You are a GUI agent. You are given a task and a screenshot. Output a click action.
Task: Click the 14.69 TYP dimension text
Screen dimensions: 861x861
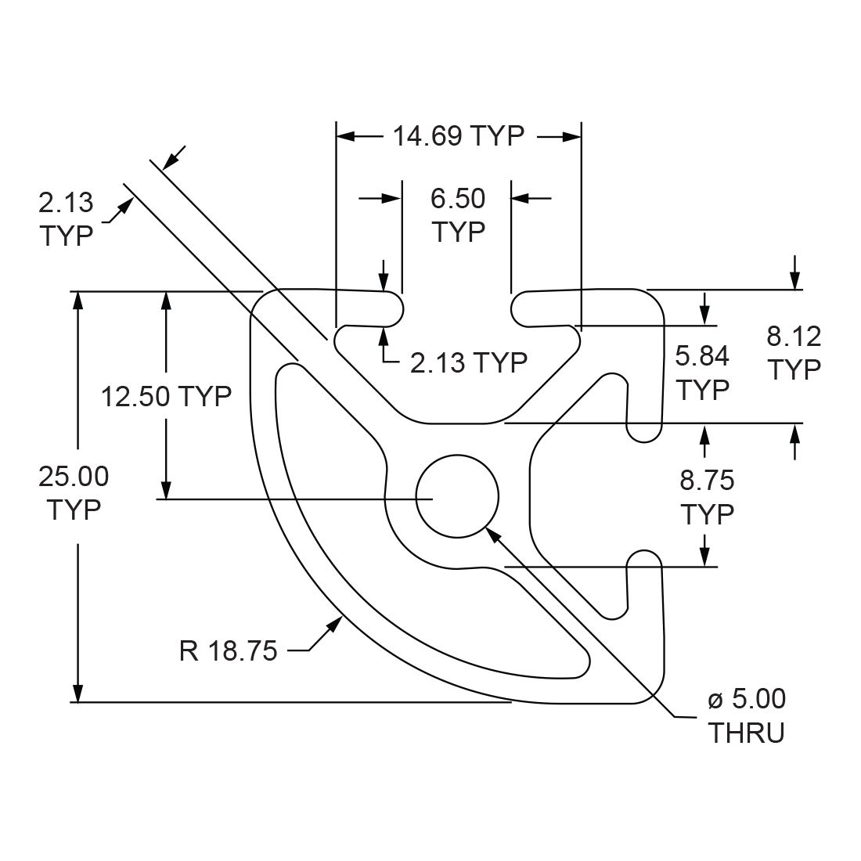coord(458,136)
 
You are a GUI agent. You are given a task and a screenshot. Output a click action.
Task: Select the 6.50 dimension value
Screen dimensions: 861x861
coord(458,199)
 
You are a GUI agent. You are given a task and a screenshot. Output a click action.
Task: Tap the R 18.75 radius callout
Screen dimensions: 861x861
coord(228,651)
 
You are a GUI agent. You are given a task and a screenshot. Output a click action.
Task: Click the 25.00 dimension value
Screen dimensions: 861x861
coord(74,476)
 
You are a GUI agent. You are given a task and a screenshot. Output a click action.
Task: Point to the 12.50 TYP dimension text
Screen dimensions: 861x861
coord(166,396)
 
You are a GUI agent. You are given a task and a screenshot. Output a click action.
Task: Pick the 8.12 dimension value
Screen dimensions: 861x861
coord(794,337)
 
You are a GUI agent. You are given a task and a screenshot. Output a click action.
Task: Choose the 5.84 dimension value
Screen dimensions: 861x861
coord(702,356)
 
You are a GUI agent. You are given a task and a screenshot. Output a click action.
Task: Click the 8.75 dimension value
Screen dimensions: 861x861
coord(707,479)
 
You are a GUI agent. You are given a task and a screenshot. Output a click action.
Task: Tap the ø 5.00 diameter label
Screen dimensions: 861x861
coord(747,699)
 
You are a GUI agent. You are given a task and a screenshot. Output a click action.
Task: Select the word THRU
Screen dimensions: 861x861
coord(746,733)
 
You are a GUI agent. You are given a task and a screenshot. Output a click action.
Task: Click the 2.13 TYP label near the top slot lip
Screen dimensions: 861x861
coord(468,362)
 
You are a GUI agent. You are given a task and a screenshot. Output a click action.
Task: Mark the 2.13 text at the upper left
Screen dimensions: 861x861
coord(66,203)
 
